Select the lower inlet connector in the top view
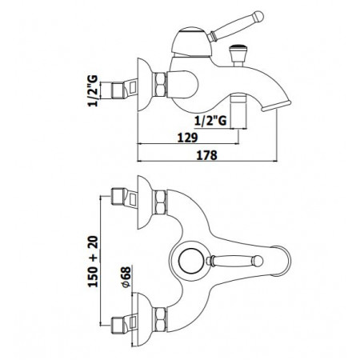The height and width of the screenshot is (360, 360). pyautogui.click(x=122, y=325)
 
